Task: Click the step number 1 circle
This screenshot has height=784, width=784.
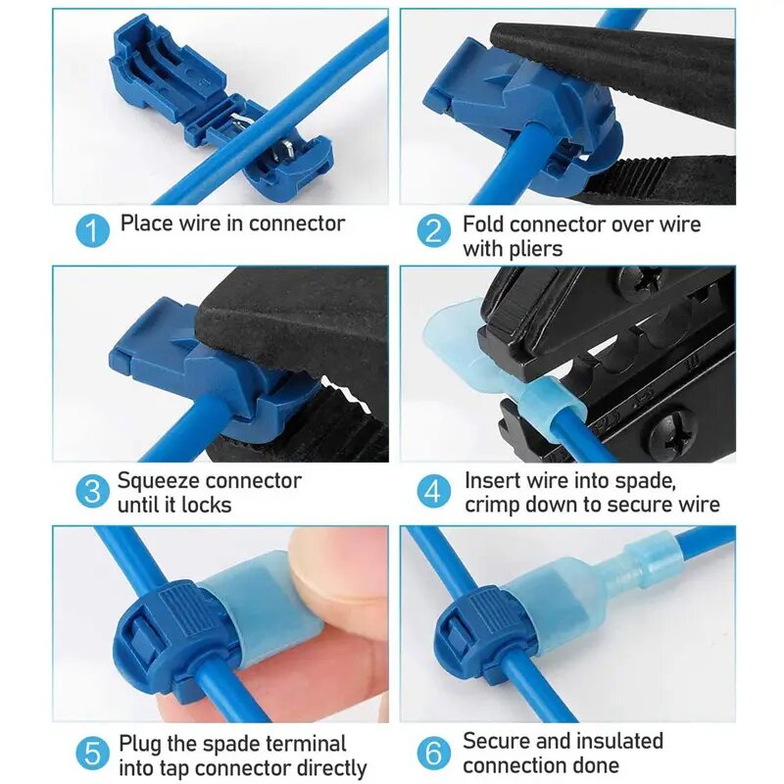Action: pos(93,231)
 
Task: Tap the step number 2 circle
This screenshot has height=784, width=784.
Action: pos(434,232)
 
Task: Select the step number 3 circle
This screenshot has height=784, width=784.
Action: pos(93,491)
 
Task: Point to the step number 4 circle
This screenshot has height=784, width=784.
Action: pos(434,491)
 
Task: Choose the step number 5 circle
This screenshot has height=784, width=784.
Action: pos(93,754)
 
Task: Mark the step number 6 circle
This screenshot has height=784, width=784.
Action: pos(434,754)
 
